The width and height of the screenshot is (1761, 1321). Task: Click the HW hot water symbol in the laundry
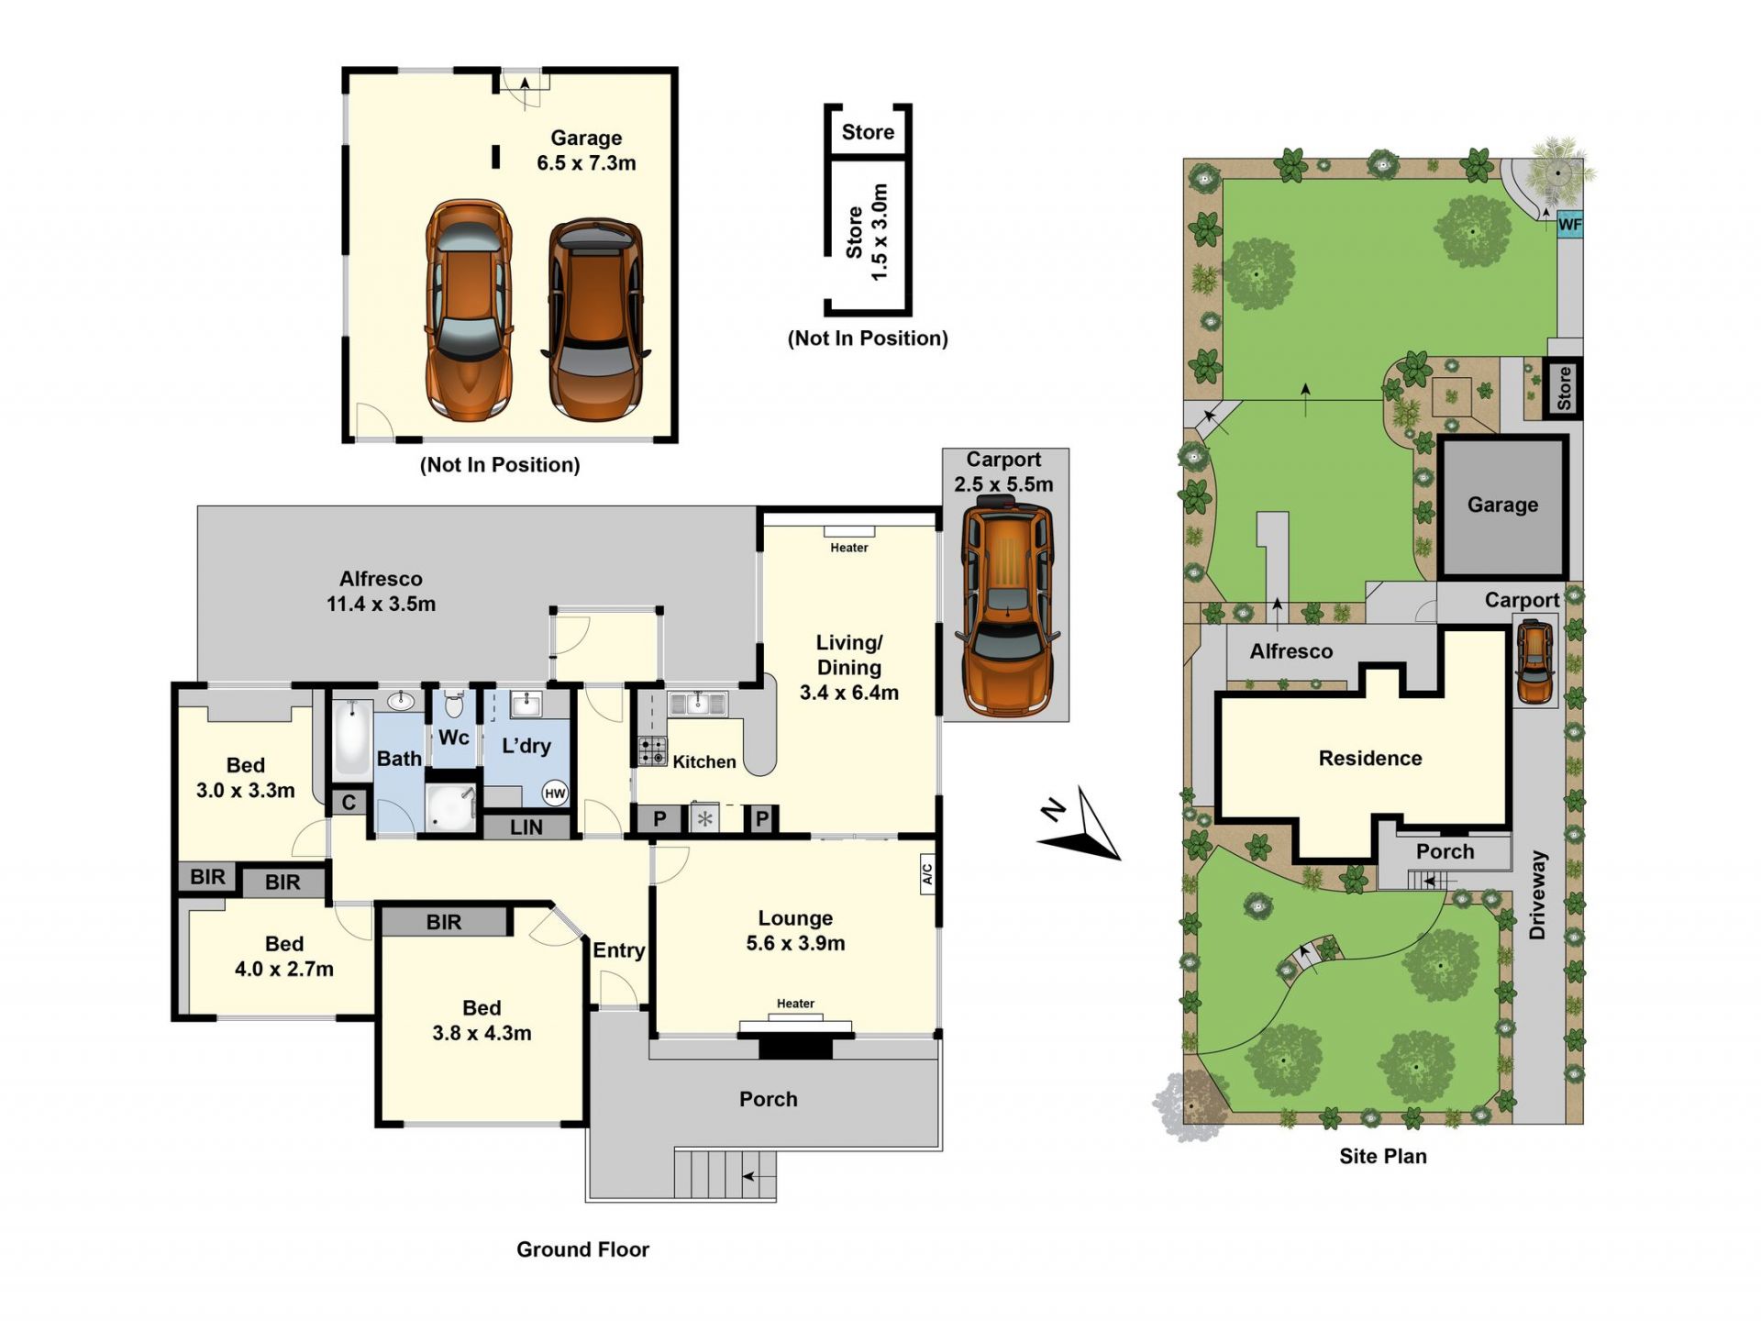555,794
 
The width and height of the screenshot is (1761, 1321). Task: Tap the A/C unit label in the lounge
927,873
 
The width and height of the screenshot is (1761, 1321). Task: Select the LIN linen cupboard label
526,827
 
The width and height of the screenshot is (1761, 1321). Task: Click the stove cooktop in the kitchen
652,751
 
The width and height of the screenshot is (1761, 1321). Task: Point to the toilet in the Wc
453,705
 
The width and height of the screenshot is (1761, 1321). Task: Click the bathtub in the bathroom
352,739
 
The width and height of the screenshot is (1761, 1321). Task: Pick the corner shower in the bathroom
450,809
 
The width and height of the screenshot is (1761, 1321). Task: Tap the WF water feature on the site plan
1569,225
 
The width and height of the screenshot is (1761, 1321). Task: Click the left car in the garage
468,310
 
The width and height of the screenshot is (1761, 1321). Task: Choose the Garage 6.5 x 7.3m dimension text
586,150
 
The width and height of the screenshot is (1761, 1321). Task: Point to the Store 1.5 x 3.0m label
867,233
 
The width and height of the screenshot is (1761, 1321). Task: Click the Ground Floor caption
582,1249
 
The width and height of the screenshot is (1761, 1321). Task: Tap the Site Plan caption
1383,1156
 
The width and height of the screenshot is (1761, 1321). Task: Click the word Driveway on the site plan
1538,895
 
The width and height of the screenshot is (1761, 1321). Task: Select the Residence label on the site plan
1370,759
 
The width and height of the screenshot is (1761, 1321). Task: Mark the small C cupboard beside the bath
349,803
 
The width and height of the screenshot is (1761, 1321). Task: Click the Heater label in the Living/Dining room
849,548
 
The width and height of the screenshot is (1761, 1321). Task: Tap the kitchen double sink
697,705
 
